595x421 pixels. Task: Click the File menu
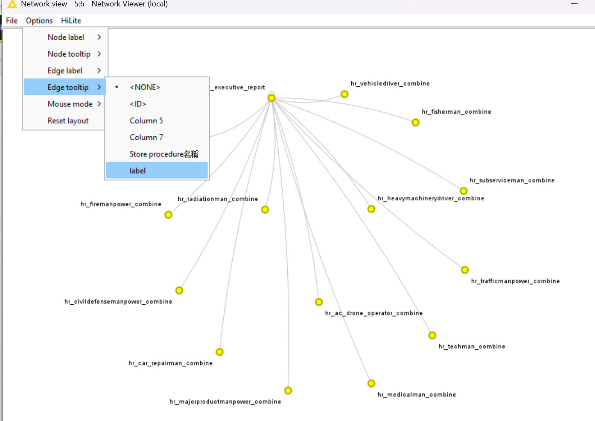point(12,21)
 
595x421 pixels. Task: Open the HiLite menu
point(71,21)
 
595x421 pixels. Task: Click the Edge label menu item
point(65,71)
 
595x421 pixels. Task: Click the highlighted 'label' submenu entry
point(157,171)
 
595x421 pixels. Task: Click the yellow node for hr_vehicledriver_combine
point(344,94)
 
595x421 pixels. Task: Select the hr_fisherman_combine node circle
point(415,122)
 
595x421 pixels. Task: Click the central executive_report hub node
point(271,98)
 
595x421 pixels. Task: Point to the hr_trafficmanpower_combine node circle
point(464,270)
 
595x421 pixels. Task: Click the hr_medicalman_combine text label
point(417,395)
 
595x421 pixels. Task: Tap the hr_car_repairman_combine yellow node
point(219,352)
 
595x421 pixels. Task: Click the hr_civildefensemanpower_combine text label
point(118,302)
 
